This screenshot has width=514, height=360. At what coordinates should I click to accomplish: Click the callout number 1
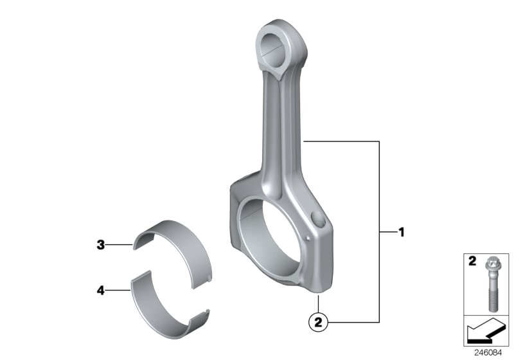[402, 232]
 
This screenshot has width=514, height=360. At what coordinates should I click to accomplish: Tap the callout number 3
[101, 244]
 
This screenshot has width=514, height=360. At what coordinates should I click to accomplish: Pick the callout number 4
[101, 291]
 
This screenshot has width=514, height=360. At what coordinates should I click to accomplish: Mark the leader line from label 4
[119, 291]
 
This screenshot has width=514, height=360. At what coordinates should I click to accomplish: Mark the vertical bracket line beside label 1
[380, 232]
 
